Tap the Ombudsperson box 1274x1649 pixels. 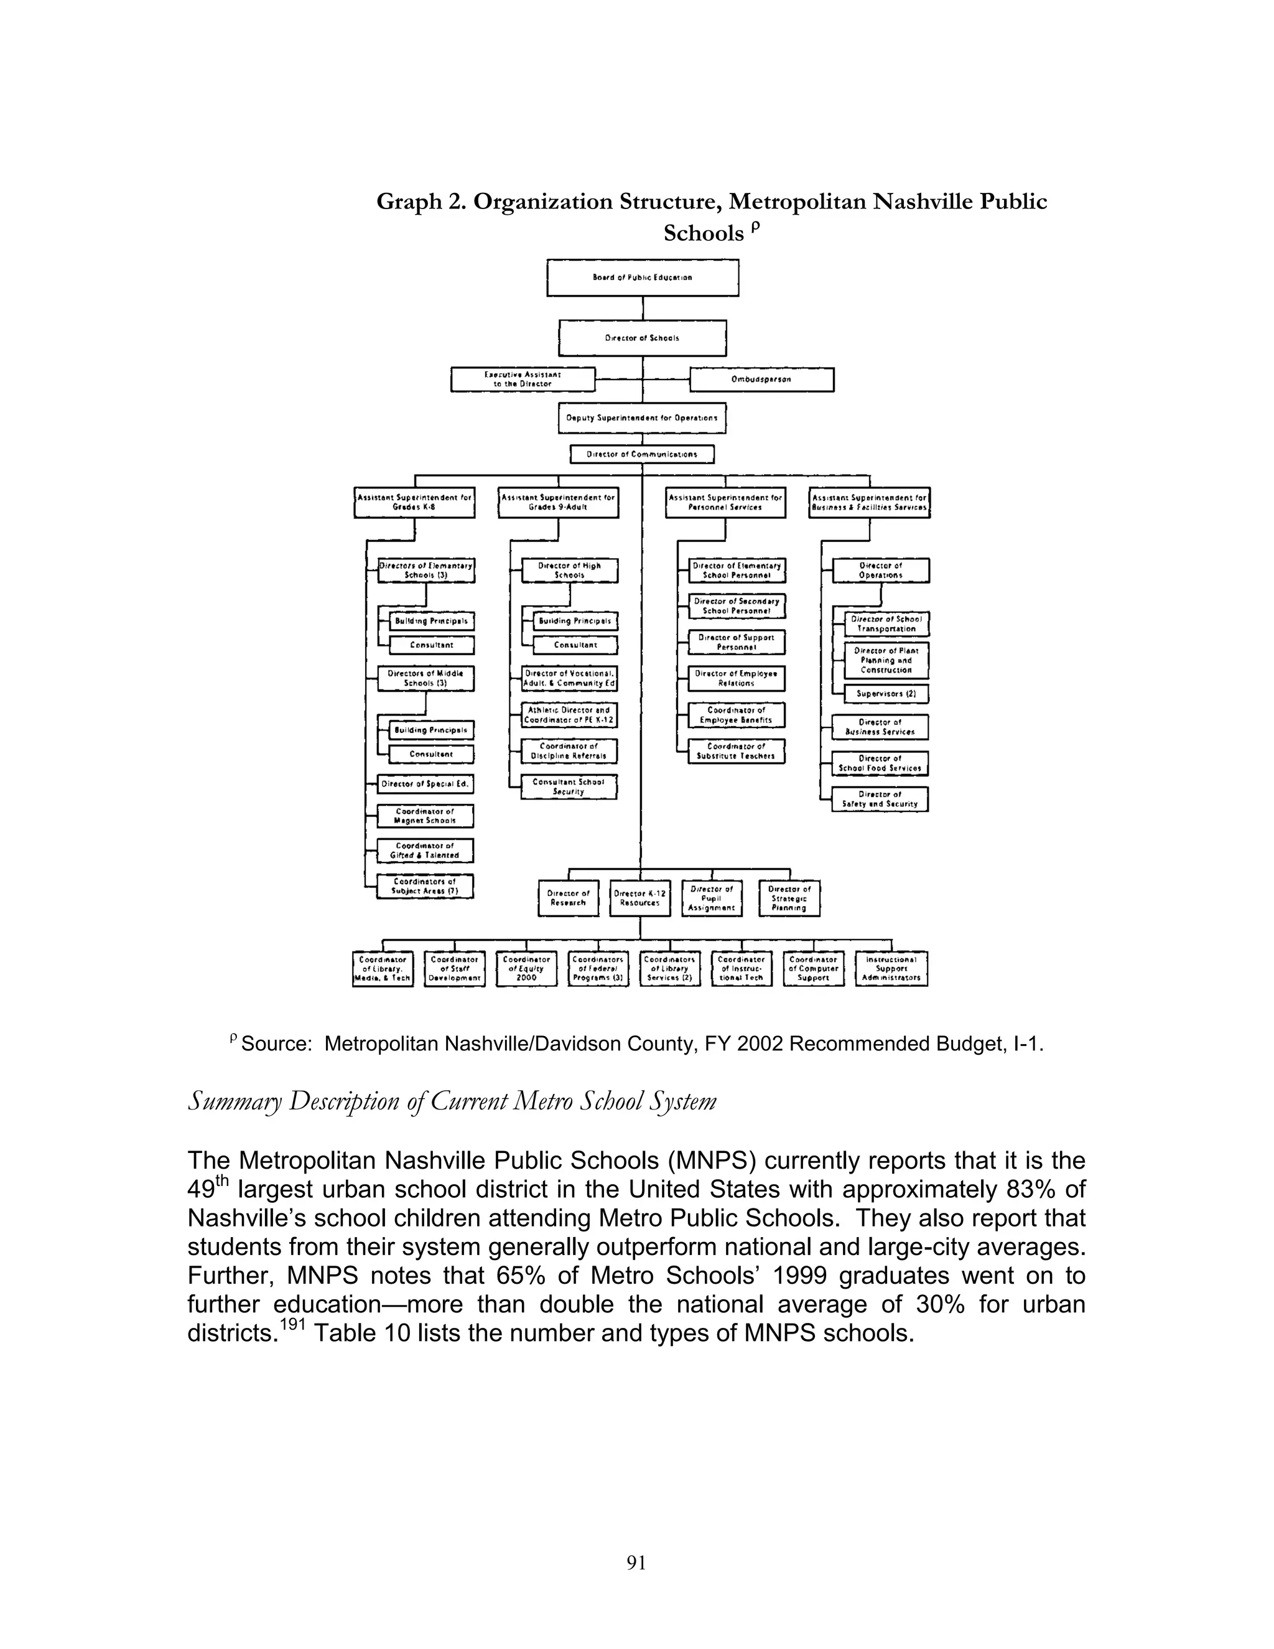[761, 380]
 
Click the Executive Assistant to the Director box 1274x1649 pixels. [523, 380]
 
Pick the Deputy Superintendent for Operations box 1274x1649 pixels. [642, 418]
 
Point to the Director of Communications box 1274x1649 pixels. [642, 454]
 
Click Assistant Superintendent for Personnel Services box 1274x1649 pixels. [725, 503]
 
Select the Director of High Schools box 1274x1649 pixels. [570, 571]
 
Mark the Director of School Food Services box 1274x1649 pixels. [880, 764]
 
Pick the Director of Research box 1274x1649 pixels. [569, 899]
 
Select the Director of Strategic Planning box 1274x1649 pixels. [789, 899]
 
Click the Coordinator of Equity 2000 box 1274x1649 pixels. [526, 969]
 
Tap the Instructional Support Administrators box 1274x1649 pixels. [891, 969]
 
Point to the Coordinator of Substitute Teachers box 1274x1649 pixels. [736, 751]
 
